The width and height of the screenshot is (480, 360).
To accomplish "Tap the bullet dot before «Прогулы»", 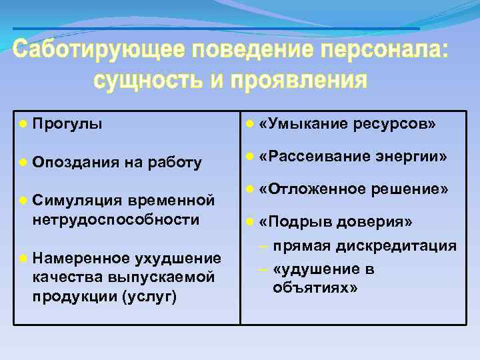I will [23, 124].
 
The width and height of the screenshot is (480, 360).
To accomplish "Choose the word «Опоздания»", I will [74, 162].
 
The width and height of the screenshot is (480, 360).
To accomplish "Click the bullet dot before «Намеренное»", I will [23, 257].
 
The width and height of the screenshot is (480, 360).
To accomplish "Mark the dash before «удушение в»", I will [264, 269].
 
